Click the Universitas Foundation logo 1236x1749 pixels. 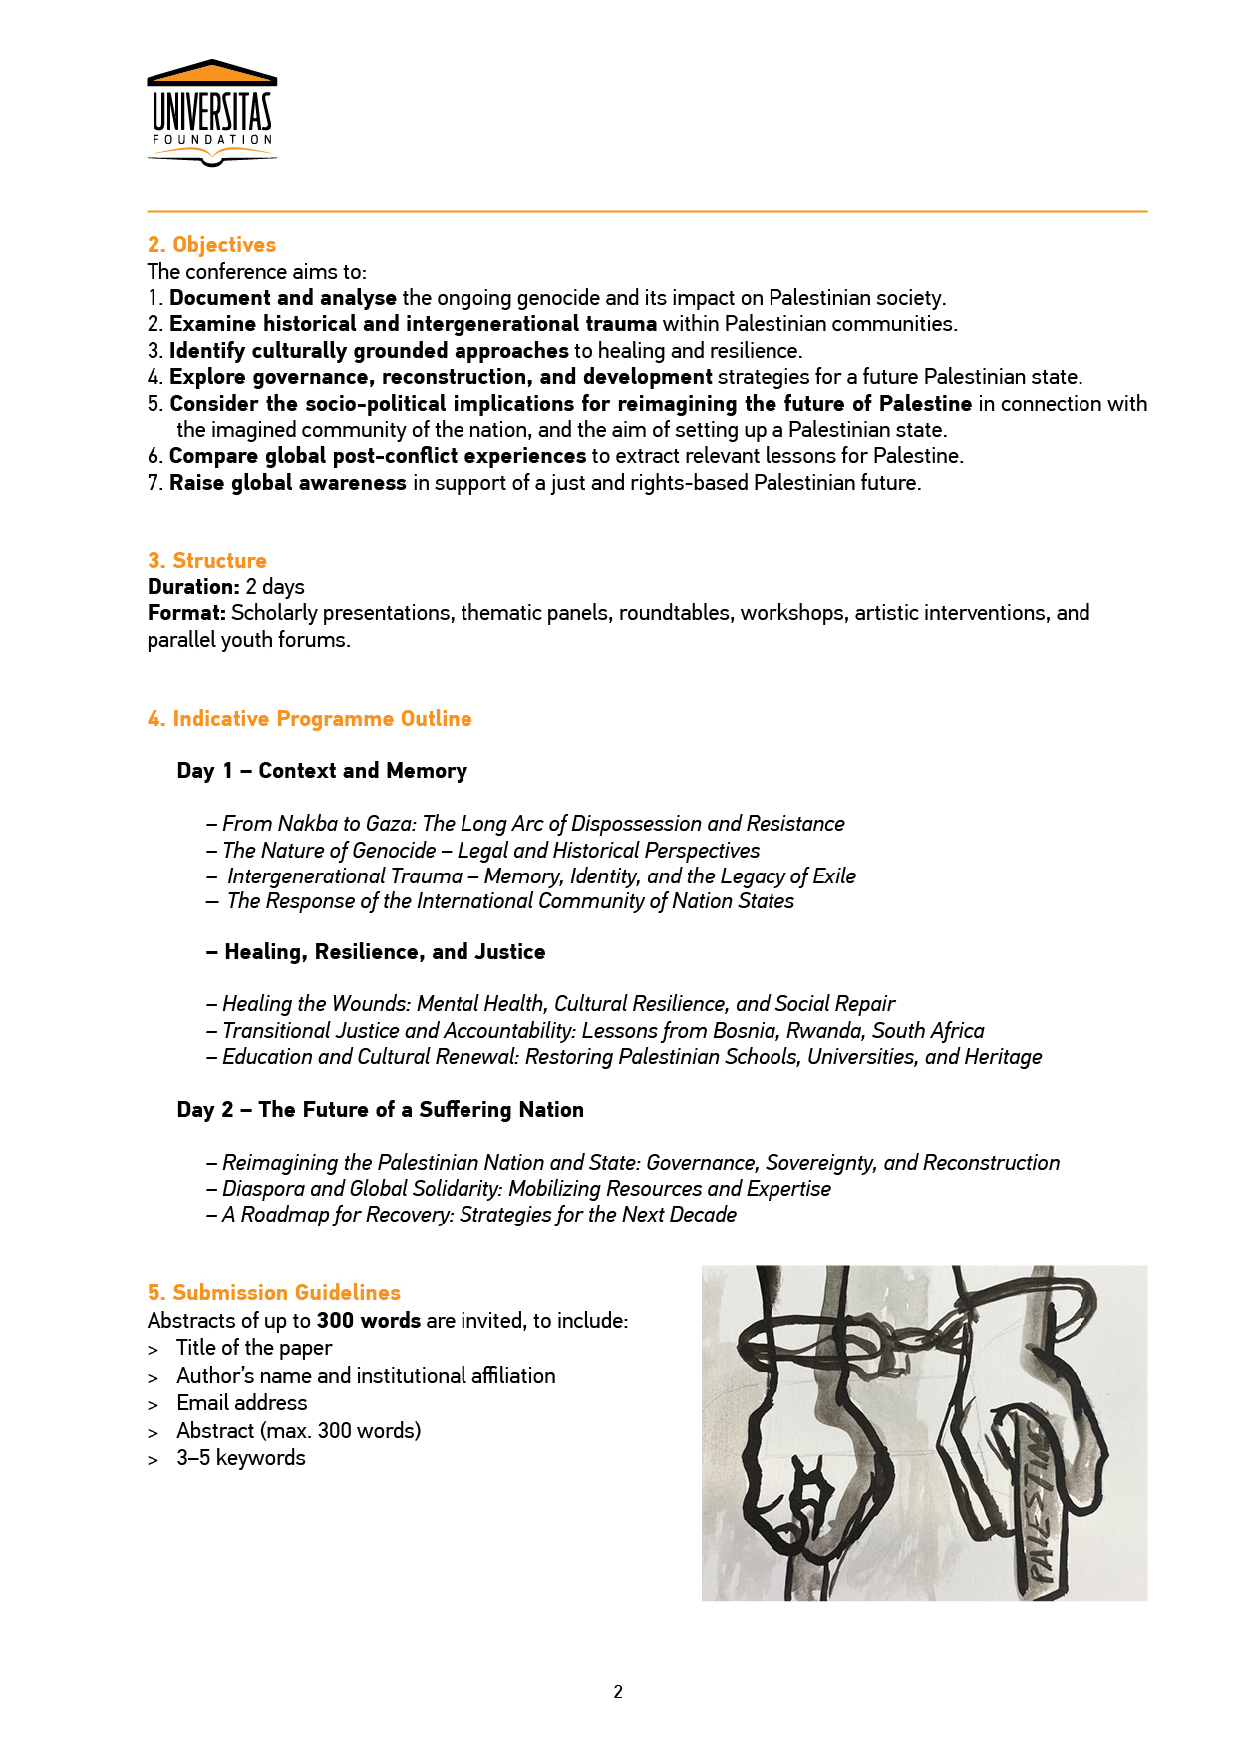(x=211, y=112)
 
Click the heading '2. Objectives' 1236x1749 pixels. (x=211, y=245)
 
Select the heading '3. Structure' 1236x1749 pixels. (x=207, y=560)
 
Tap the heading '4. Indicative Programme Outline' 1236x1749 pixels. (x=309, y=719)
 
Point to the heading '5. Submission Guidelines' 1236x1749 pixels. (x=274, y=1293)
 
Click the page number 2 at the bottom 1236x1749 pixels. (x=618, y=1692)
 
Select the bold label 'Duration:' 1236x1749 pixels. (x=193, y=587)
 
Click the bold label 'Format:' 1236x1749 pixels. (x=186, y=613)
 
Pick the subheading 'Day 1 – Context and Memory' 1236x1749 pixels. (x=322, y=771)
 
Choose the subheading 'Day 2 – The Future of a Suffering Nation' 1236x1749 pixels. (x=380, y=1110)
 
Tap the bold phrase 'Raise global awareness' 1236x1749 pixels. (x=287, y=483)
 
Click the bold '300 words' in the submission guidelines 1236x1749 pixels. (x=368, y=1321)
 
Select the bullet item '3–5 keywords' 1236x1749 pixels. (x=240, y=1458)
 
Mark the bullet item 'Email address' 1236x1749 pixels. (x=241, y=1403)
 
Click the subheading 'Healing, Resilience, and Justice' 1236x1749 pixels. (x=385, y=952)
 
